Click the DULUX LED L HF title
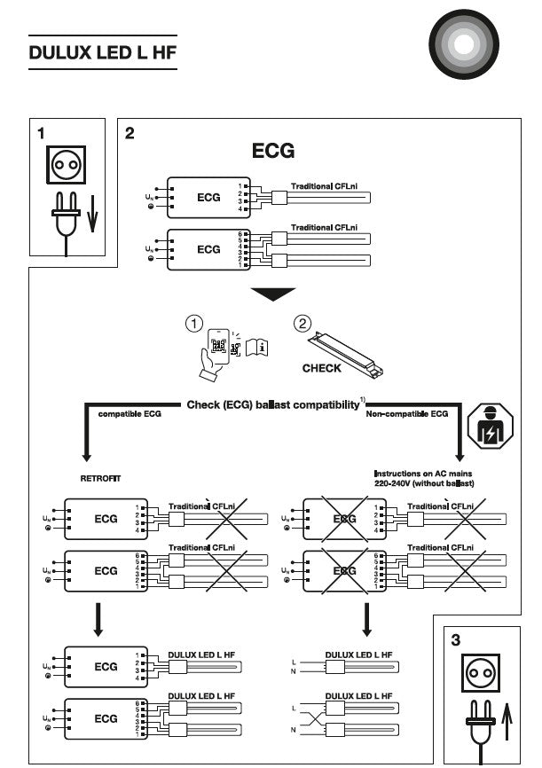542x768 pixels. [x=102, y=51]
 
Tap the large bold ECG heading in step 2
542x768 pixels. [x=273, y=151]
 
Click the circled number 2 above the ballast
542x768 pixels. [x=302, y=324]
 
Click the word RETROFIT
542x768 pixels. [x=99, y=478]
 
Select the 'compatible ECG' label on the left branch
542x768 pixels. [x=129, y=414]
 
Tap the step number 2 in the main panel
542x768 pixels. [x=130, y=134]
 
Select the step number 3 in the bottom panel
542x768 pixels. [x=457, y=639]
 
